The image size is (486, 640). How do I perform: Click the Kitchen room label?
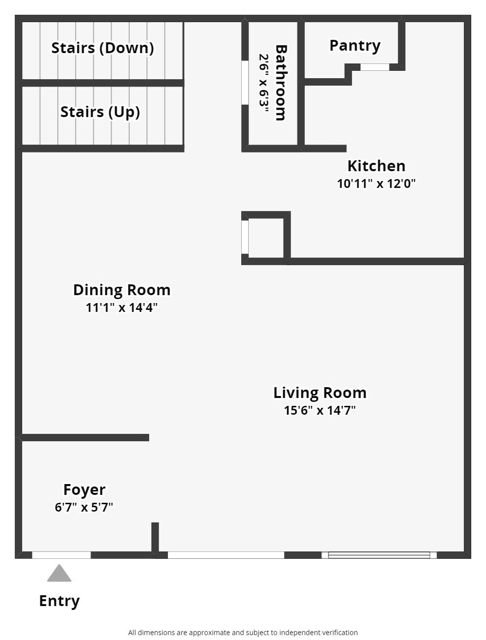(x=376, y=166)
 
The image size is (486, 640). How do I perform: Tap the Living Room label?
(x=320, y=393)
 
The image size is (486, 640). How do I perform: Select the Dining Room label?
(x=122, y=290)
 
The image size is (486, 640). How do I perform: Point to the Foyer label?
(x=84, y=489)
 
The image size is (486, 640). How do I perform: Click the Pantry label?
(x=355, y=45)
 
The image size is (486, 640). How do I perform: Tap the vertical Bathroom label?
(x=281, y=83)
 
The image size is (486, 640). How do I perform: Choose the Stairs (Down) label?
(x=102, y=48)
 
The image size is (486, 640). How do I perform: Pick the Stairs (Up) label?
(x=100, y=112)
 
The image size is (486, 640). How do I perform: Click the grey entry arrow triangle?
(x=59, y=574)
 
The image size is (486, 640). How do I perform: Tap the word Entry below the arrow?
(x=59, y=601)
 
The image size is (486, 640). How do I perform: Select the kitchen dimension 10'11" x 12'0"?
(x=376, y=183)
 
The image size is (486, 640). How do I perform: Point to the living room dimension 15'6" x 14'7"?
(x=320, y=410)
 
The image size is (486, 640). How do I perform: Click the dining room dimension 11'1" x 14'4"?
(x=122, y=307)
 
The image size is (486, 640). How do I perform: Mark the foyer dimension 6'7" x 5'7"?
(x=84, y=507)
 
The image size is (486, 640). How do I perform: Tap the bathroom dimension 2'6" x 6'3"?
(x=264, y=83)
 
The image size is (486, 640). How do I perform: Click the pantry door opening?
(x=375, y=67)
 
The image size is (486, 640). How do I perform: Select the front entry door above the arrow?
(x=62, y=555)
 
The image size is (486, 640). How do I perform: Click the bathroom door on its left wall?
(x=245, y=82)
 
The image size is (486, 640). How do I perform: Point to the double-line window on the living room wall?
(x=379, y=555)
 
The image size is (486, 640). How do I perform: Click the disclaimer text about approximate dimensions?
(x=243, y=633)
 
